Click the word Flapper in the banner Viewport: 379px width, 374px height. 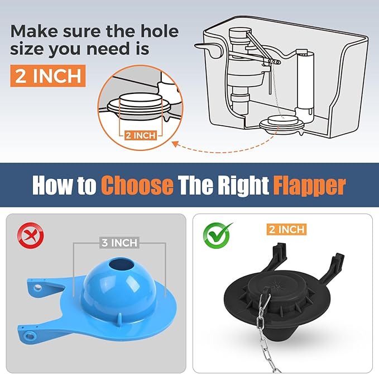click(x=309, y=185)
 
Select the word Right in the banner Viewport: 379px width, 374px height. click(x=239, y=185)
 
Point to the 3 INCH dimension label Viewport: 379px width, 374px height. click(x=119, y=243)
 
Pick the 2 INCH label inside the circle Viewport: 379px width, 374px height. click(x=140, y=136)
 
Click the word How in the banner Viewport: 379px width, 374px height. click(x=54, y=185)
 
